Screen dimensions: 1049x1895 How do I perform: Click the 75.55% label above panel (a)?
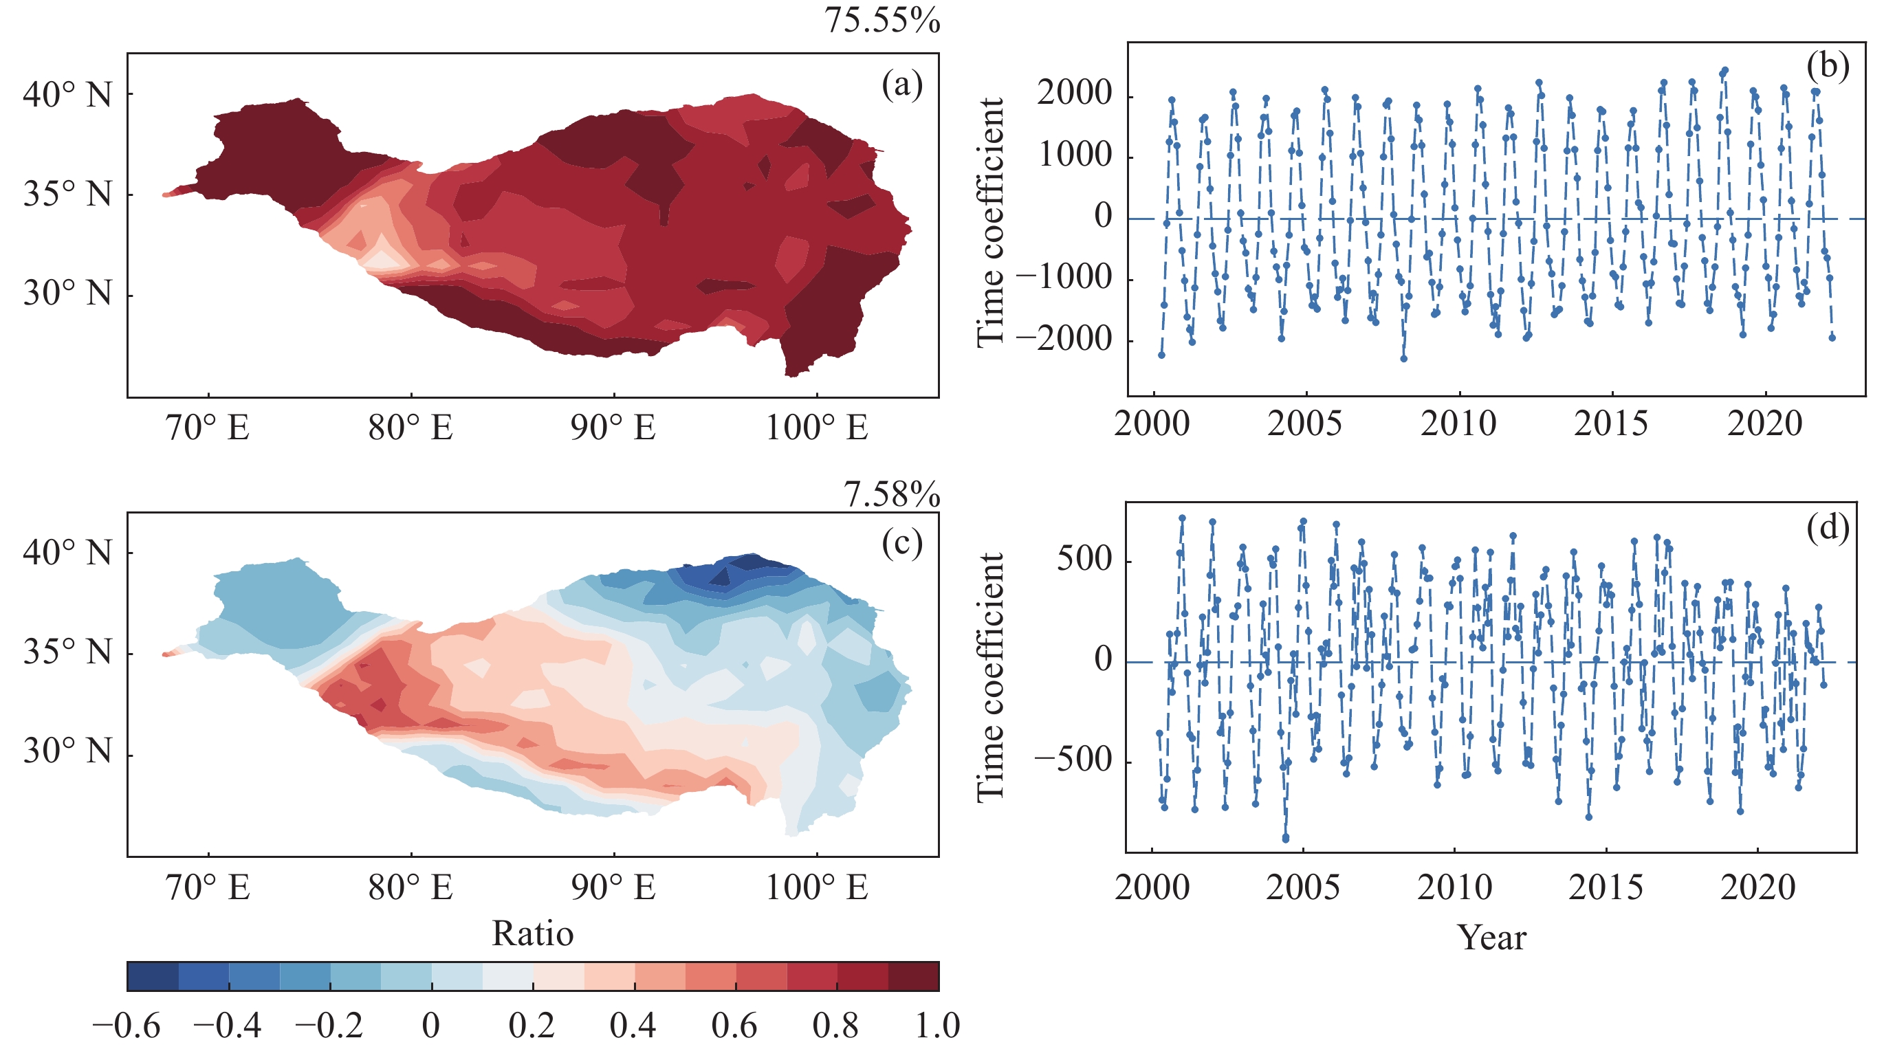pos(881,20)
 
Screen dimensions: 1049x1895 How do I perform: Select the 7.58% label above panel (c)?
pos(892,494)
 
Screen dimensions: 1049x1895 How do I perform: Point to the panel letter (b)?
pos(1828,66)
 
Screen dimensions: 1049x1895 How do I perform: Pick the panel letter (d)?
pos(1828,527)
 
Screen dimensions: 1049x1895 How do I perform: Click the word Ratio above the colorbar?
pos(533,934)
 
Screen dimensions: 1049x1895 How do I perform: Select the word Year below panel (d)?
pos(1492,937)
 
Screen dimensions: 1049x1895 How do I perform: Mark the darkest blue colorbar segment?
pos(152,976)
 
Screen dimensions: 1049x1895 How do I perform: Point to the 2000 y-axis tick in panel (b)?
pos(1074,93)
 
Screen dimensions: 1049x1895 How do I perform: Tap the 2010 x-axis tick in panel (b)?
pos(1458,424)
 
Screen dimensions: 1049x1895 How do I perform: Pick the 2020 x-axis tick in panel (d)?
pos(1757,888)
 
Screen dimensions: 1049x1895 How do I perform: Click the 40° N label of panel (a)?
pos(67,95)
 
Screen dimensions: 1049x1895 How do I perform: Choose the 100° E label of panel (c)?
pos(817,888)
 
